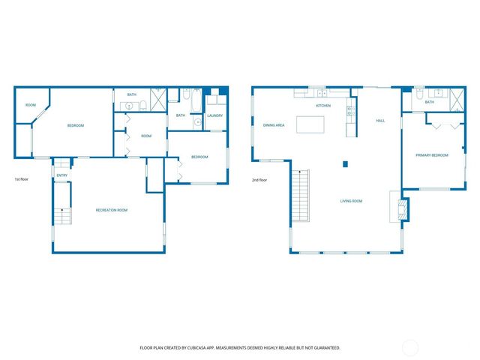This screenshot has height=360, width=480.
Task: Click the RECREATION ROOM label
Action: click(x=111, y=210)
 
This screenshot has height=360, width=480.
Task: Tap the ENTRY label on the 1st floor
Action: click(x=61, y=175)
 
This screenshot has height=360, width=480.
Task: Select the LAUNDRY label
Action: click(x=215, y=115)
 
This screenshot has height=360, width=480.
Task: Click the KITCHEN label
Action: click(x=323, y=106)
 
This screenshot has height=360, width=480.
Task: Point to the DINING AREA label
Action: click(x=274, y=125)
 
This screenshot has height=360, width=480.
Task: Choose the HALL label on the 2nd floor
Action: click(x=380, y=121)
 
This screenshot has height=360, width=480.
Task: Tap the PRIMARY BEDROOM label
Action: click(x=432, y=155)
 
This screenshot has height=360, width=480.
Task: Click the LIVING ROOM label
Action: click(x=352, y=201)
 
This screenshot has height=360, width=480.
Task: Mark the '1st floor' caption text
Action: click(x=22, y=180)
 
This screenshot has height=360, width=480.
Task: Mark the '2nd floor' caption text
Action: click(x=260, y=180)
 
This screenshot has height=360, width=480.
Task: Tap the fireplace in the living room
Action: click(x=402, y=206)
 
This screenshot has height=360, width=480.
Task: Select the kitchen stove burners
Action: click(x=349, y=112)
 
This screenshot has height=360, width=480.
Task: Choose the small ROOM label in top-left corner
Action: click(x=31, y=106)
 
